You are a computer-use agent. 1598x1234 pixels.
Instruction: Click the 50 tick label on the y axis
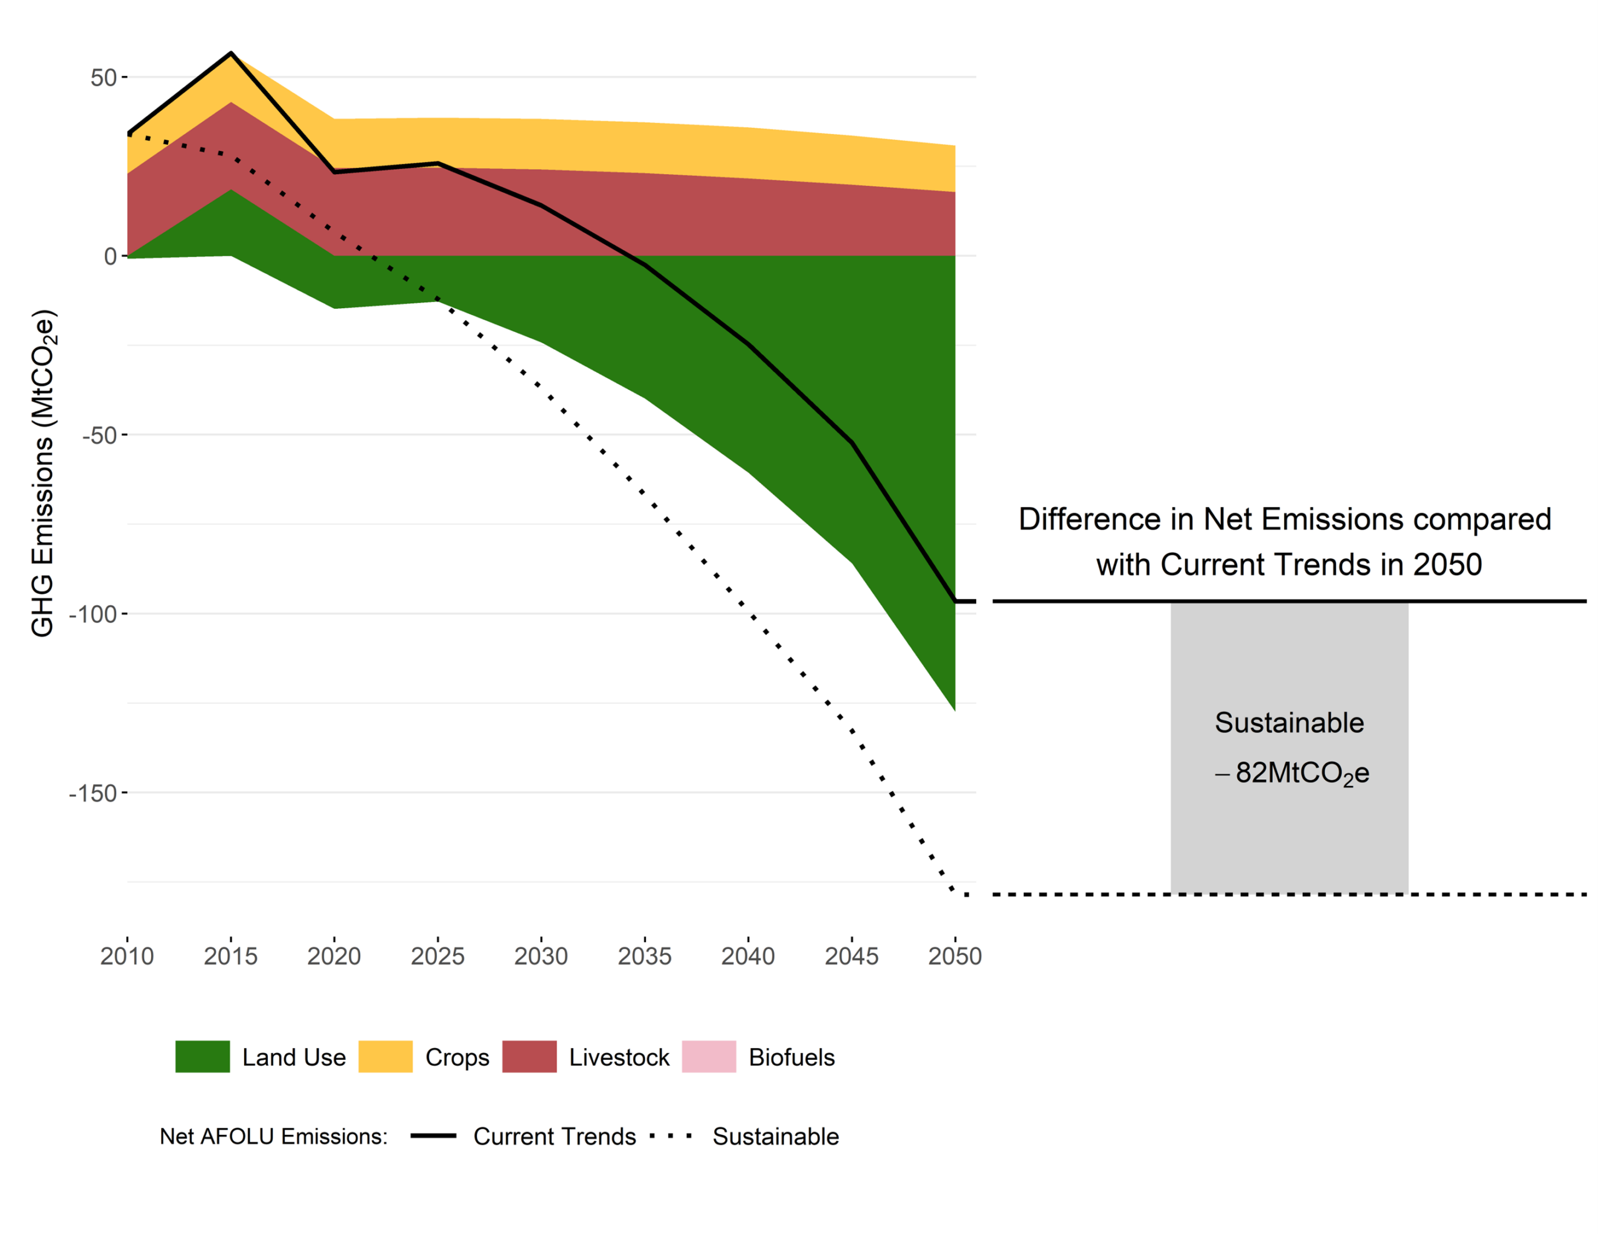click(x=103, y=77)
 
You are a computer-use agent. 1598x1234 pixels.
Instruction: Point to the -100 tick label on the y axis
click(x=93, y=615)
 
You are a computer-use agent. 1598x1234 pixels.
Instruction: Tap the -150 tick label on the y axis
click(x=93, y=794)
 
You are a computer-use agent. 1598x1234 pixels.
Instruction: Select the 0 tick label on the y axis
click(x=110, y=257)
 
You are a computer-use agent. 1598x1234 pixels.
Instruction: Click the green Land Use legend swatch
click(x=203, y=1057)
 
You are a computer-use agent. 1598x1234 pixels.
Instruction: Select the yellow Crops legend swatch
click(x=386, y=1057)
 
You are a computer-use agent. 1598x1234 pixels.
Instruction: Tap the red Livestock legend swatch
click(x=529, y=1057)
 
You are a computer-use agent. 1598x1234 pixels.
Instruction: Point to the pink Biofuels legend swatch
click(x=709, y=1057)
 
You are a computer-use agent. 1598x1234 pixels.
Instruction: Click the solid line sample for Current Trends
click(x=433, y=1136)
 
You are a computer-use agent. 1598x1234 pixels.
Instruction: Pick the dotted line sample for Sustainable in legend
click(x=670, y=1136)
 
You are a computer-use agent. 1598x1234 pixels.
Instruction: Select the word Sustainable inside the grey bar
click(x=1289, y=722)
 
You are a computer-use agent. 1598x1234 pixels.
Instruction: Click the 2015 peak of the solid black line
click(x=231, y=54)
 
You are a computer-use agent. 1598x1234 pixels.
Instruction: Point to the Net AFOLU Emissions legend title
click(x=273, y=1137)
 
